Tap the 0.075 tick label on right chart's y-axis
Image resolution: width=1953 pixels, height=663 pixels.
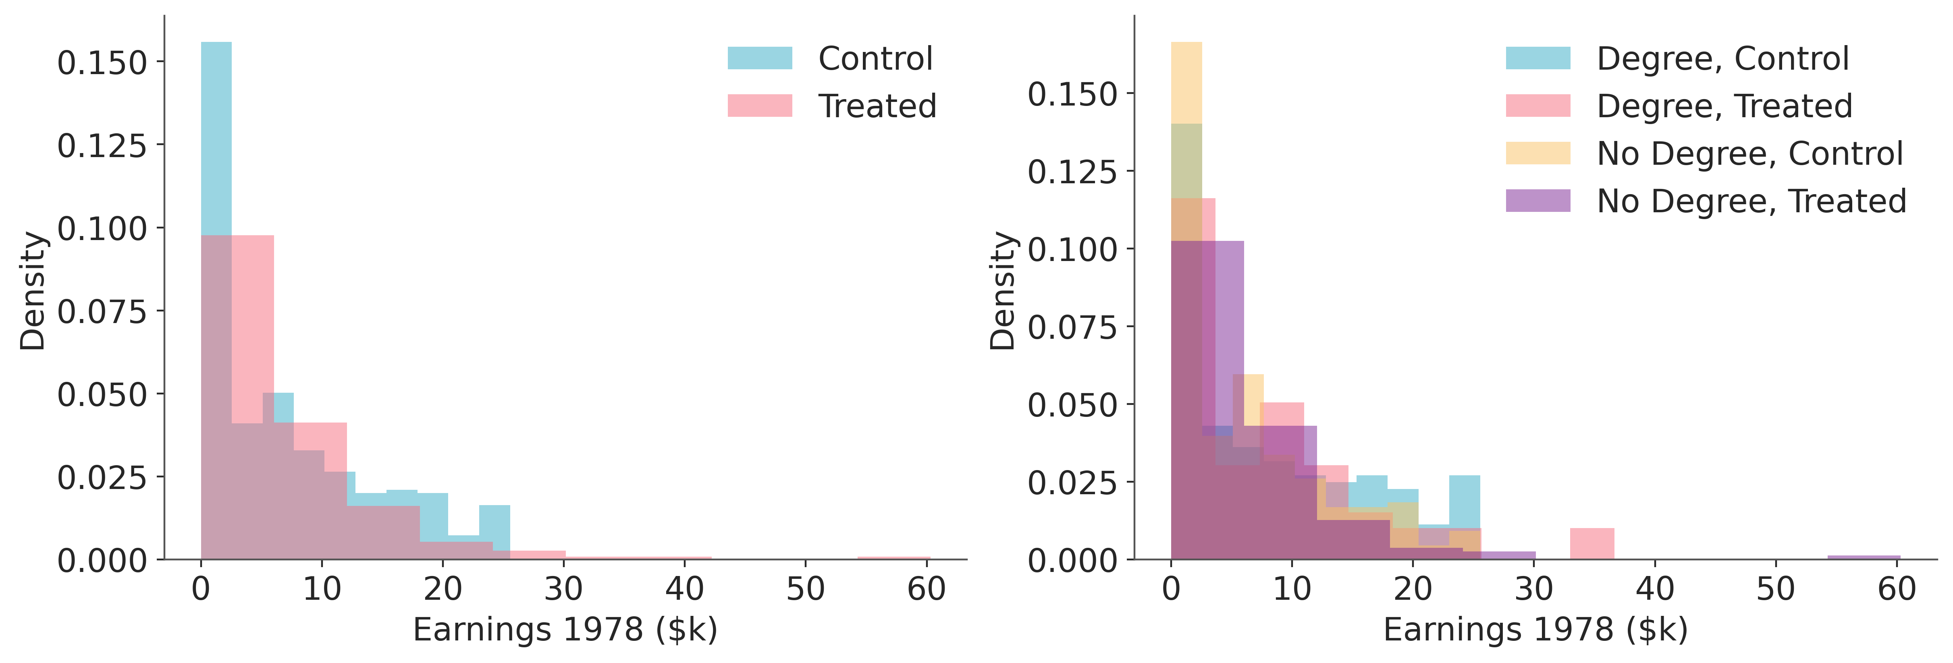(1073, 327)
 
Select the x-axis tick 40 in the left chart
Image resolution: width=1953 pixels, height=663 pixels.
(685, 589)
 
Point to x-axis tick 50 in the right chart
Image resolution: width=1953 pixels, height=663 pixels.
(1776, 589)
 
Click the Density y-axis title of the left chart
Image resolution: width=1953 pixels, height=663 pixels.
(33, 291)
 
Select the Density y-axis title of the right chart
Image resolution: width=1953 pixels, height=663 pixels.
(1003, 291)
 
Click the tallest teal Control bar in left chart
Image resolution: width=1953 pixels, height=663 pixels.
(216, 137)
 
